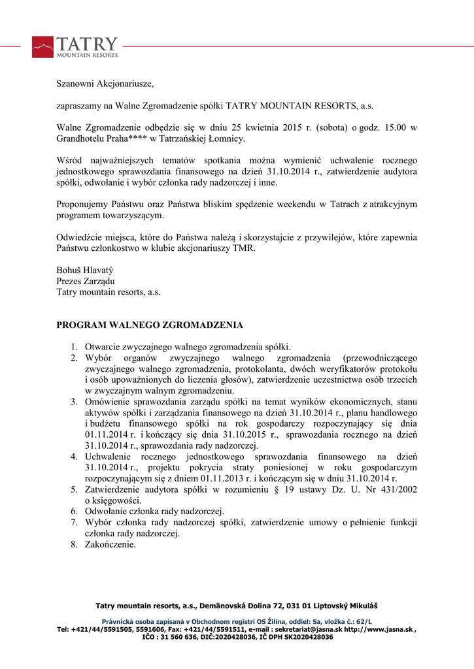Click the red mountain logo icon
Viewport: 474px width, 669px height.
pyautogui.click(x=42, y=47)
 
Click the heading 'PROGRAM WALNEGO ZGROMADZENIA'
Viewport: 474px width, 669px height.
pyautogui.click(x=150, y=325)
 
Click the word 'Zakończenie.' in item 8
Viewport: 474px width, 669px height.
pyautogui.click(x=110, y=544)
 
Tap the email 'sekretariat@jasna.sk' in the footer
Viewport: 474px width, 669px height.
pyautogui.click(x=309, y=629)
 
